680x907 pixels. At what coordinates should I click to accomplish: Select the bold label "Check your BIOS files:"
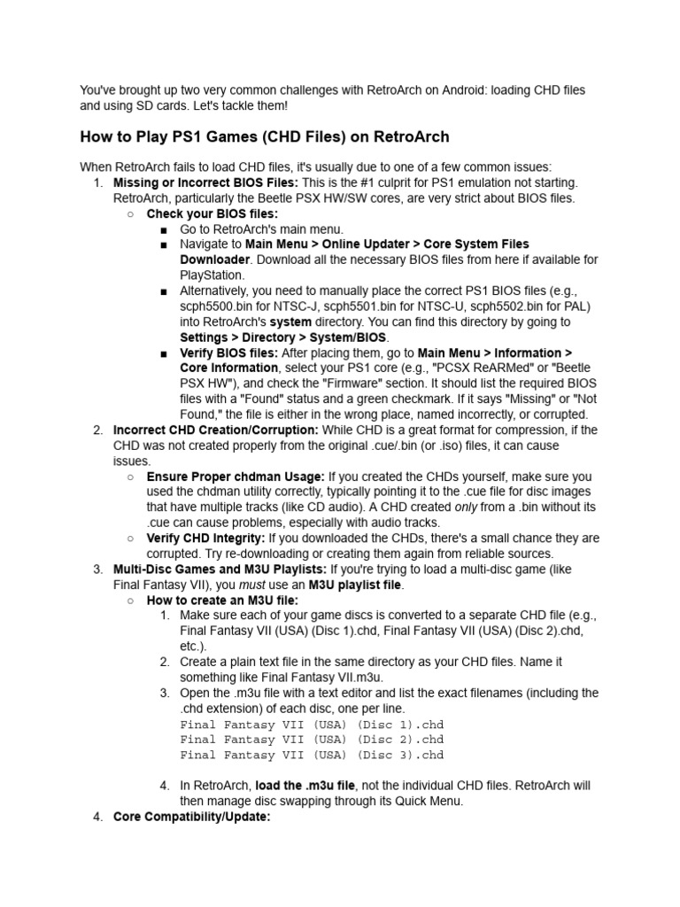[212, 213]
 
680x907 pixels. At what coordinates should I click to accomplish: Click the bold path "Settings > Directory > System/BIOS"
[283, 337]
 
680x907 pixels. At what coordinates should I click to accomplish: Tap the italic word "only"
[466, 508]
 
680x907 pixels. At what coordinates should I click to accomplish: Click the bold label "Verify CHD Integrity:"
[205, 539]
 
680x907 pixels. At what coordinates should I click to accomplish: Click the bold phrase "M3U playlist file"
[355, 585]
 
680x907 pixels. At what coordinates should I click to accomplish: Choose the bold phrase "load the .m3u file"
[305, 786]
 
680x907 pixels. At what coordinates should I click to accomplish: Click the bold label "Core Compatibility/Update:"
[191, 817]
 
